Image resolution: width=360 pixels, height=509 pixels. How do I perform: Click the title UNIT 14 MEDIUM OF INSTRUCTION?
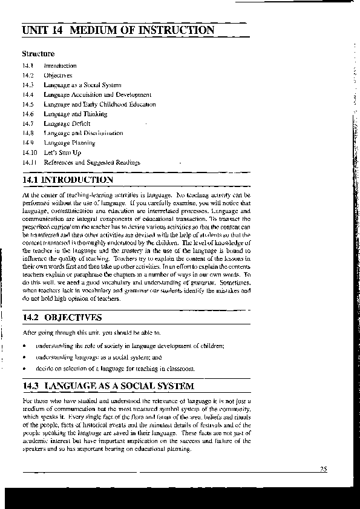[117, 30]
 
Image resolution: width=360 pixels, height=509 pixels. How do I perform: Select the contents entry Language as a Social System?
[82, 85]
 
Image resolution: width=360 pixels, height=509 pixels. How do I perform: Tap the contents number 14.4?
[27, 94]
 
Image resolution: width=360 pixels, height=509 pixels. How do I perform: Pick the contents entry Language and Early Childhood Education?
[99, 104]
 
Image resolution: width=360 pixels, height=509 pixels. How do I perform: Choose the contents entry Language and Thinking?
[75, 114]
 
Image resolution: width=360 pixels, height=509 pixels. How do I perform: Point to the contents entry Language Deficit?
[67, 123]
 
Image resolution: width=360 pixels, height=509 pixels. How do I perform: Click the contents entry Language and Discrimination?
[83, 133]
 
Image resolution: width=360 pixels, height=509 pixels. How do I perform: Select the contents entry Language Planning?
[69, 143]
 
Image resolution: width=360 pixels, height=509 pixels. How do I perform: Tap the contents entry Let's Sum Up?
[62, 153]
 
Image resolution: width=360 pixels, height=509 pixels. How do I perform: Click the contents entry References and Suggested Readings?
[91, 162]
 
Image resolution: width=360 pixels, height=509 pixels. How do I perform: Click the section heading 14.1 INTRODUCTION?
[67, 180]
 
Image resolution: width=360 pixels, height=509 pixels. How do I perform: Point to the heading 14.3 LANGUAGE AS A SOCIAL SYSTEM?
[108, 386]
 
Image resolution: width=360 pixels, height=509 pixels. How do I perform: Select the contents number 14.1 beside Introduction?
[27, 65]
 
